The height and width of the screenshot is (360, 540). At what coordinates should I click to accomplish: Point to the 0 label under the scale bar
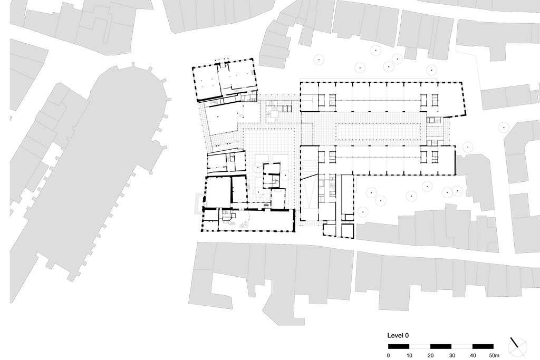click(388, 355)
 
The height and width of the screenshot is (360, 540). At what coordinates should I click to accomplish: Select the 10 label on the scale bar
click(409, 355)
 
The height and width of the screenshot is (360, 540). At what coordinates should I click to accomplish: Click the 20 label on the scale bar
click(430, 355)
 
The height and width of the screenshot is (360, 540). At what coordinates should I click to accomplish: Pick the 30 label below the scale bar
click(451, 355)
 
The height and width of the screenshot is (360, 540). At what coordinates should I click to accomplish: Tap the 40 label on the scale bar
click(472, 355)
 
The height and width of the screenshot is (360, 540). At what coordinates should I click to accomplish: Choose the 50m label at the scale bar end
click(494, 355)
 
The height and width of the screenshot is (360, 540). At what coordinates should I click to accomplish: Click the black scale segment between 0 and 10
click(399, 346)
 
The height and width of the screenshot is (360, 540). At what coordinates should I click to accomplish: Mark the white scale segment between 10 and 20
click(420, 346)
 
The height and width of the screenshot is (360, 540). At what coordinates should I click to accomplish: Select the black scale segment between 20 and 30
click(441, 346)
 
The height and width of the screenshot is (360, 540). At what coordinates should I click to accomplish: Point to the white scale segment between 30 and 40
click(462, 346)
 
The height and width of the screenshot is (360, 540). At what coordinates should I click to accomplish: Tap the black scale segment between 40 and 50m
click(483, 346)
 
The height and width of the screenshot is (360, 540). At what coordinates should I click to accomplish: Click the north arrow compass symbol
click(517, 345)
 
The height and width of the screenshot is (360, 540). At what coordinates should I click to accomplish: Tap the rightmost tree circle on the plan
click(504, 127)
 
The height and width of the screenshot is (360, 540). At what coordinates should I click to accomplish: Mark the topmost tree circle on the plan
click(375, 51)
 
